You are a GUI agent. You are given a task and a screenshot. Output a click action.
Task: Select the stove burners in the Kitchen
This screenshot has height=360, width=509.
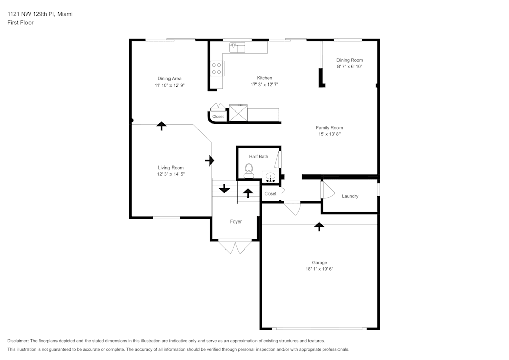click(217, 68)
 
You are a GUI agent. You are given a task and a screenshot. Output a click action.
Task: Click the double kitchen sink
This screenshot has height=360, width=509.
click(237, 48)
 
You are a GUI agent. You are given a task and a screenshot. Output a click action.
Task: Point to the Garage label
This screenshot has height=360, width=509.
click(319, 263)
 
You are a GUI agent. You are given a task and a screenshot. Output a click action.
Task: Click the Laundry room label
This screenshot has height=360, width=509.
click(350, 196)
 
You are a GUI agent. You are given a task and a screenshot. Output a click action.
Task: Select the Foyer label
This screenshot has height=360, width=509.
click(236, 221)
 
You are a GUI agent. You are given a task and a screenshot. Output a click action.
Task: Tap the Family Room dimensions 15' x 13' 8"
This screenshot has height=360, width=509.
click(329, 134)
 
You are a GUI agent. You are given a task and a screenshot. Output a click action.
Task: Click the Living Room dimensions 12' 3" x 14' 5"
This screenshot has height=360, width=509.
click(171, 174)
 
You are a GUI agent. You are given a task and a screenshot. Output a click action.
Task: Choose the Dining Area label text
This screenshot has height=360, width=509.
click(169, 78)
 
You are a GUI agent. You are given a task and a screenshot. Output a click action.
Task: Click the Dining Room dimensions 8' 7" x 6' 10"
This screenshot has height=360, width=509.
click(350, 66)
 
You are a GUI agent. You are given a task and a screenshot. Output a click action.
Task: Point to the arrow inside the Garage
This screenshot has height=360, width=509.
click(319, 227)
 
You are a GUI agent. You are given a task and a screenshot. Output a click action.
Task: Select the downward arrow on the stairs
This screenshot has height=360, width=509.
click(224, 190)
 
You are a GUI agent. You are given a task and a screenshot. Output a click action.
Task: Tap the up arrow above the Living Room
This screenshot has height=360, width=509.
click(162, 126)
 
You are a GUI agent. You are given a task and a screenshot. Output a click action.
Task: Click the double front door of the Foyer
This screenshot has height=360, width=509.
click(235, 247)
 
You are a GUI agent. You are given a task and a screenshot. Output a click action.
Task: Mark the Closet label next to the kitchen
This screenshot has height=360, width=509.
click(218, 117)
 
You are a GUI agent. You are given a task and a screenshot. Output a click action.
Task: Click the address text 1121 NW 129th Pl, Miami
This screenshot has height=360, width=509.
click(40, 14)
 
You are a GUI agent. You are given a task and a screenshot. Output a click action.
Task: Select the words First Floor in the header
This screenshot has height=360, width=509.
click(20, 23)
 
